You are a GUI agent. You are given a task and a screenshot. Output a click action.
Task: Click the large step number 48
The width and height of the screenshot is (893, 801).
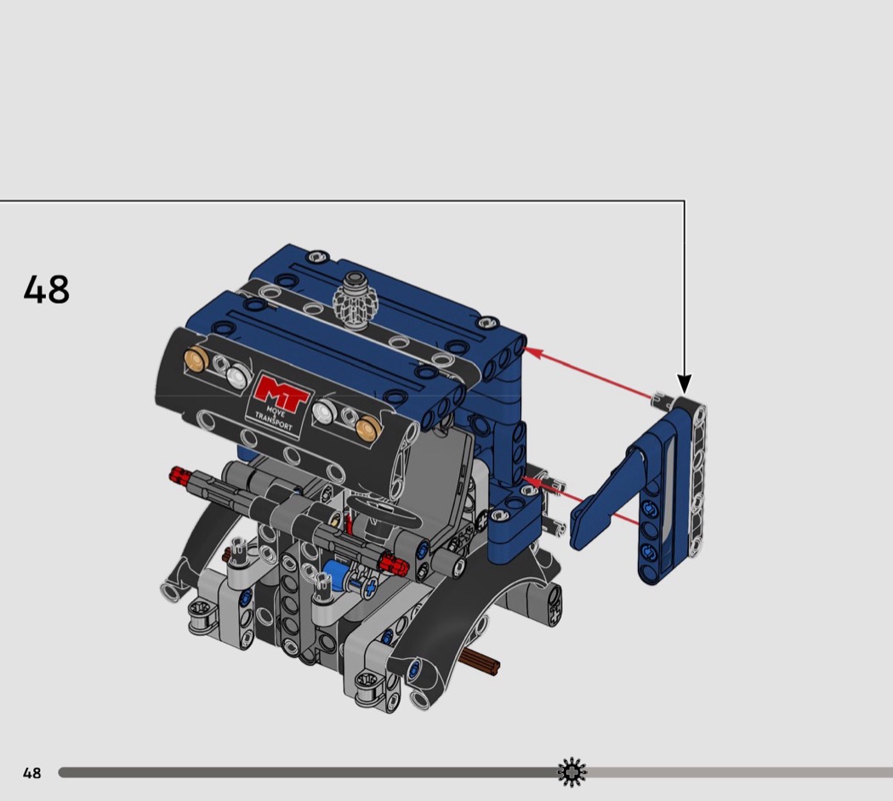point(47,289)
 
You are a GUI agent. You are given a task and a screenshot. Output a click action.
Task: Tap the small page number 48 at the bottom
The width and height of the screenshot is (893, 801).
point(32,773)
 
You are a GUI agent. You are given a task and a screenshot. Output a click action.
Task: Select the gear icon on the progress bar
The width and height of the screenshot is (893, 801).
point(572,772)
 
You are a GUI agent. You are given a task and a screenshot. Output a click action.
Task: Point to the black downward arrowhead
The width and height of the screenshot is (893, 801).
point(684,384)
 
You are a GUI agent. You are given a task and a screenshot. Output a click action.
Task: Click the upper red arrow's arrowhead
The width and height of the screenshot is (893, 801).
point(531,350)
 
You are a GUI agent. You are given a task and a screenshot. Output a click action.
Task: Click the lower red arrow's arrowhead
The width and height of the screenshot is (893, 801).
point(530,483)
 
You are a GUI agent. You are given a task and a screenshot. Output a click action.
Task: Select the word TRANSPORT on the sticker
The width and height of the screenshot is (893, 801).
point(273,421)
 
